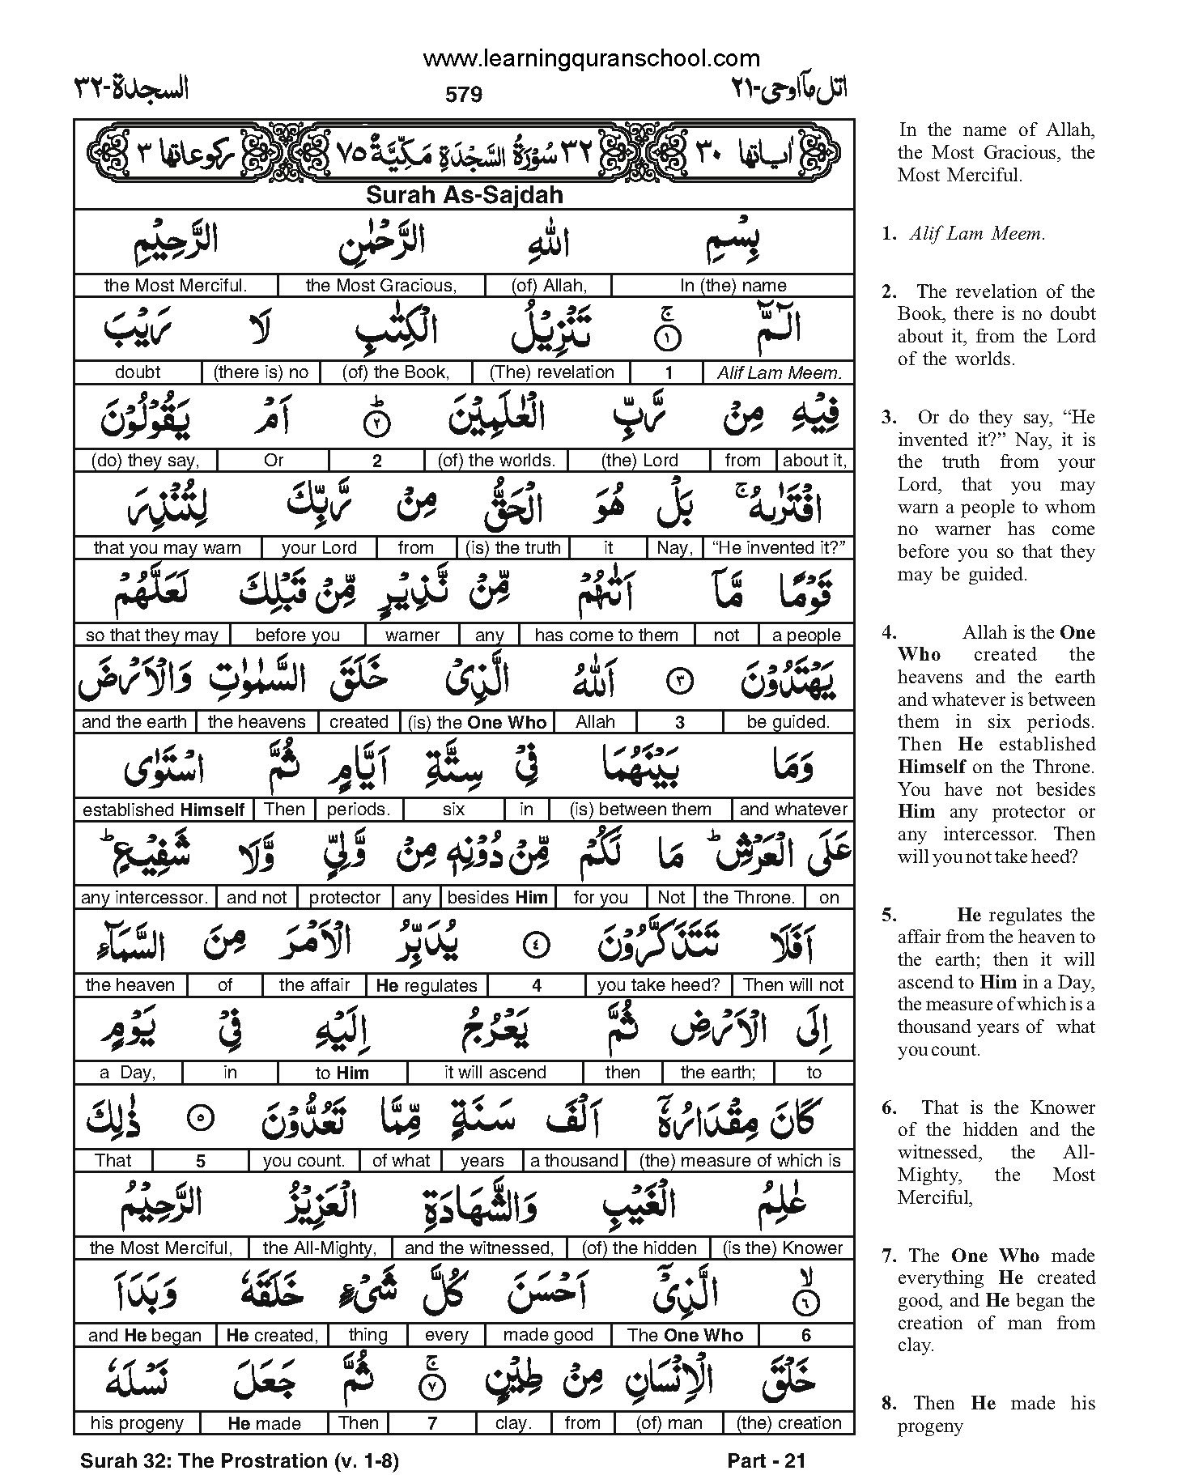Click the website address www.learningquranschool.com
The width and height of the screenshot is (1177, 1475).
pyautogui.click(x=591, y=58)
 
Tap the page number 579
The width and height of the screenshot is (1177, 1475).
pyautogui.click(x=464, y=95)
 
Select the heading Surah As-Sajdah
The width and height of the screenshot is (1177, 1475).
pyautogui.click(x=465, y=195)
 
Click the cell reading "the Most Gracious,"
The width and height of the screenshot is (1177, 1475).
pyautogui.click(x=381, y=285)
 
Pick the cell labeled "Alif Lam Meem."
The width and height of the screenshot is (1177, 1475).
pyautogui.click(x=780, y=373)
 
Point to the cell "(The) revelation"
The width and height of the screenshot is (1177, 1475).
pyautogui.click(x=552, y=372)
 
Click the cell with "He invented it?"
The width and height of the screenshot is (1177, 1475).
pyautogui.click(x=778, y=547)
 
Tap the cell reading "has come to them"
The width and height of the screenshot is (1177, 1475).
pyautogui.click(x=606, y=635)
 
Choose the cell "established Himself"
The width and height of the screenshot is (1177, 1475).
pyautogui.click(x=164, y=810)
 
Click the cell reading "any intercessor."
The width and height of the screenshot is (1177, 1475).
pyautogui.click(x=145, y=897)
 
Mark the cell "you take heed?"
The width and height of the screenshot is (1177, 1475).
pyautogui.click(x=658, y=985)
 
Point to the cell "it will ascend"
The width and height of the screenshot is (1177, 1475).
pyautogui.click(x=495, y=1073)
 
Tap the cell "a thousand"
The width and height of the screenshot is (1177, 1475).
pyautogui.click(x=574, y=1160)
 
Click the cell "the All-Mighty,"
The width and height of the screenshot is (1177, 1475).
pyautogui.click(x=320, y=1248)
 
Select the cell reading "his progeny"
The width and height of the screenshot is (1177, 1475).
pyautogui.click(x=137, y=1422)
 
